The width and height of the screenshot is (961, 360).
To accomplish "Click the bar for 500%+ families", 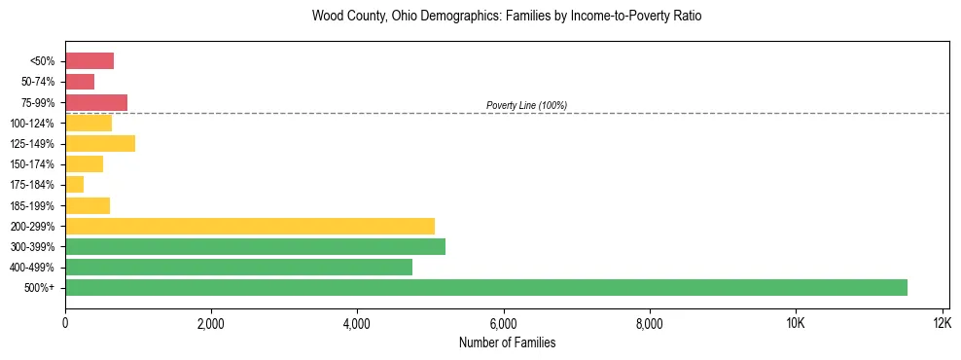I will point(486,287).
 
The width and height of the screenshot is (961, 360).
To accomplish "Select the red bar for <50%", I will point(89,61).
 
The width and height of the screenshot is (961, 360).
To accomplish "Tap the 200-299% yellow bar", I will point(250,226).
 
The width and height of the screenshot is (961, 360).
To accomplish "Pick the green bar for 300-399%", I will point(255,246).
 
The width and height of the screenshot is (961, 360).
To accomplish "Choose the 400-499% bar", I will point(238,267).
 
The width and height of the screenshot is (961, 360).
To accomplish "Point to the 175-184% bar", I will point(75,184).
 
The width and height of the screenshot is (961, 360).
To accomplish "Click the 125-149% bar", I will point(100,143).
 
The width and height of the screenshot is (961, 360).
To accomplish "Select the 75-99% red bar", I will point(96,102).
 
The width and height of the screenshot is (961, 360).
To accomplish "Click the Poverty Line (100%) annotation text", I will point(526,105).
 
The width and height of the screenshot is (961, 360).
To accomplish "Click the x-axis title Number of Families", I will point(507,342).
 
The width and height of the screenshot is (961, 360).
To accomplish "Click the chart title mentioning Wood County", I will point(507,17).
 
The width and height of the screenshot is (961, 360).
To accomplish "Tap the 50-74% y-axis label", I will point(38,82).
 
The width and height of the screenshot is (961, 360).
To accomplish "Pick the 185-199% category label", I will point(35,205).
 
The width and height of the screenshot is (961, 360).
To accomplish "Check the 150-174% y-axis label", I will point(35,164).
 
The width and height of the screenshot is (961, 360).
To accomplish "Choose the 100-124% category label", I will point(35,123).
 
